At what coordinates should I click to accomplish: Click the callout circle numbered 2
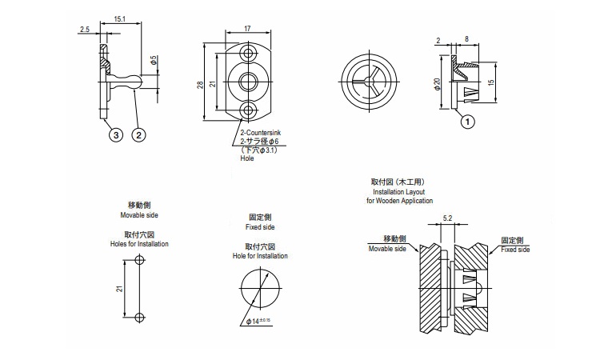(x=138, y=136)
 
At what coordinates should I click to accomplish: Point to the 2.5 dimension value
(x=84, y=30)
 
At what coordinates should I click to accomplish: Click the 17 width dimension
(x=248, y=30)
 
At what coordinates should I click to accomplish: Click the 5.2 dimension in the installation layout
(x=447, y=218)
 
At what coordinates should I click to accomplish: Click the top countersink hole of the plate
(x=249, y=54)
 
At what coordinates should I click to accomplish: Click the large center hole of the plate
(x=249, y=81)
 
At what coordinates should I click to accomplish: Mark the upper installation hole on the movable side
(x=140, y=261)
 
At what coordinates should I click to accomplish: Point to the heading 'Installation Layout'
(x=399, y=192)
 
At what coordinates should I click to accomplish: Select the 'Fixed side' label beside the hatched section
(x=515, y=250)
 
